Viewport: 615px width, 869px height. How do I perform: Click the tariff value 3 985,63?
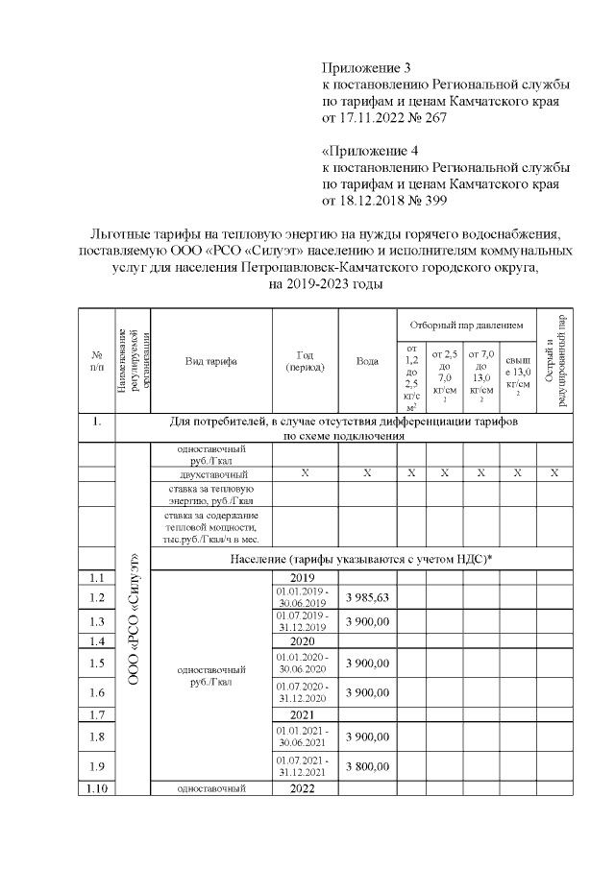pos(366,598)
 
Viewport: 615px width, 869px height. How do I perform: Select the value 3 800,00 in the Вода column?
pos(366,766)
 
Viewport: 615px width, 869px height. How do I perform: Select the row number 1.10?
pos(96,789)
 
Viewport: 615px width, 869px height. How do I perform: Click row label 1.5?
pos(96,664)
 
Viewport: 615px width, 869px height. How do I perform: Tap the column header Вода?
pos(366,361)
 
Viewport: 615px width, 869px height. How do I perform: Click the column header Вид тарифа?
pos(211,361)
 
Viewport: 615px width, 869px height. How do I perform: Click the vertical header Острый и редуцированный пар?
pos(553,361)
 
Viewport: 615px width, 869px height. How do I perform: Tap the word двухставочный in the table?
pos(212,474)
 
